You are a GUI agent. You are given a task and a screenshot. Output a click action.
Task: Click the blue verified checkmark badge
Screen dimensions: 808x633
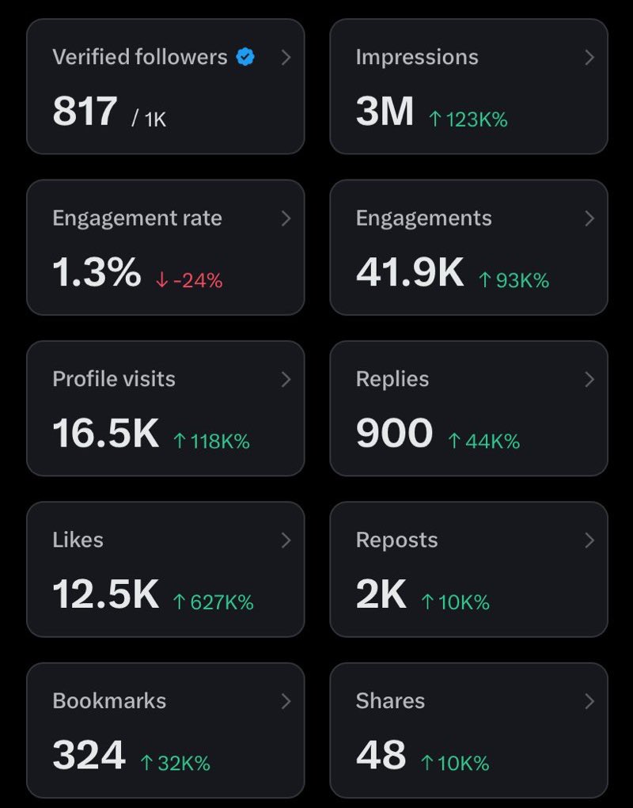pyautogui.click(x=245, y=57)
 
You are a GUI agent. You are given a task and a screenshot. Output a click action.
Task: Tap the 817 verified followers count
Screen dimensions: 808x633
pyautogui.click(x=85, y=111)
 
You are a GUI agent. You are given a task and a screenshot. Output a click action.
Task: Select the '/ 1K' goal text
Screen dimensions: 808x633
pyautogui.click(x=149, y=119)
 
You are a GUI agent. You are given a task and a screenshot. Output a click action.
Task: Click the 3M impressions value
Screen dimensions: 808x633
pyautogui.click(x=385, y=111)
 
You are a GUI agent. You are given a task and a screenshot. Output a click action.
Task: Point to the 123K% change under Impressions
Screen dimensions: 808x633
pyautogui.click(x=468, y=119)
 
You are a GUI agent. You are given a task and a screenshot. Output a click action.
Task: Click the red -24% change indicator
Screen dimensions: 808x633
pyautogui.click(x=189, y=280)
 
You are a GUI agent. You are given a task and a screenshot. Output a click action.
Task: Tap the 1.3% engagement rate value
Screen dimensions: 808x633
pyautogui.click(x=97, y=272)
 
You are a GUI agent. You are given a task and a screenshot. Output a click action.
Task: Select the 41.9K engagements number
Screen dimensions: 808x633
pyautogui.click(x=410, y=272)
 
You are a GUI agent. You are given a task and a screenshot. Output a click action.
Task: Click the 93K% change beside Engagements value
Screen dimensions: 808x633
pyautogui.click(x=514, y=280)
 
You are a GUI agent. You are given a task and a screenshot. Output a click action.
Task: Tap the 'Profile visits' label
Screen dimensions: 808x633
pyautogui.click(x=114, y=379)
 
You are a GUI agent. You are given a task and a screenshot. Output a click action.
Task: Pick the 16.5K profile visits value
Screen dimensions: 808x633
pyautogui.click(x=105, y=433)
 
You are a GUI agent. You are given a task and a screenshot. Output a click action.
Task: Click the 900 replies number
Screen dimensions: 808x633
pyautogui.click(x=394, y=433)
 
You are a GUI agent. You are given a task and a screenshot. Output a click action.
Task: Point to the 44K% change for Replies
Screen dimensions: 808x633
pyautogui.click(x=483, y=442)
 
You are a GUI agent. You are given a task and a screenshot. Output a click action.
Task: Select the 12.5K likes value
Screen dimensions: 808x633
pyautogui.click(x=105, y=594)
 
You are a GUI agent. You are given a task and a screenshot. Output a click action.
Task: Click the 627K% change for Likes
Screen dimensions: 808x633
pyautogui.click(x=213, y=602)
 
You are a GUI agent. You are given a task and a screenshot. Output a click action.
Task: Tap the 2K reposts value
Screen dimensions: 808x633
pyautogui.click(x=381, y=594)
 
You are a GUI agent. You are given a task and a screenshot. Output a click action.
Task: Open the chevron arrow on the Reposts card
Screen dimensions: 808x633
pyautogui.click(x=589, y=541)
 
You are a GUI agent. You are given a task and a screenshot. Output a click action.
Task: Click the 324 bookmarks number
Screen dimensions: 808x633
pyautogui.click(x=89, y=754)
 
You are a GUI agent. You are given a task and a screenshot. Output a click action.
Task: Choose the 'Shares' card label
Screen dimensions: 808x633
pyautogui.click(x=390, y=701)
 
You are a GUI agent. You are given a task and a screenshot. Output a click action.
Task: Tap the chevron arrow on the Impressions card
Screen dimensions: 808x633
pyautogui.click(x=589, y=58)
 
